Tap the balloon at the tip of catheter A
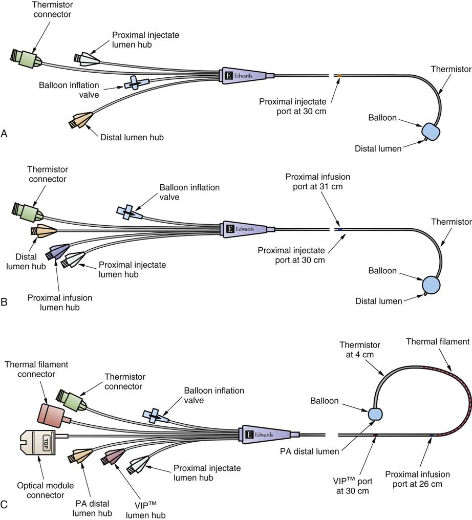(431, 131)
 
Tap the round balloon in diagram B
(431, 284)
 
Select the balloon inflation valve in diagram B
(127, 211)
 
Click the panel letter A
(5, 134)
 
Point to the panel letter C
(5, 505)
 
